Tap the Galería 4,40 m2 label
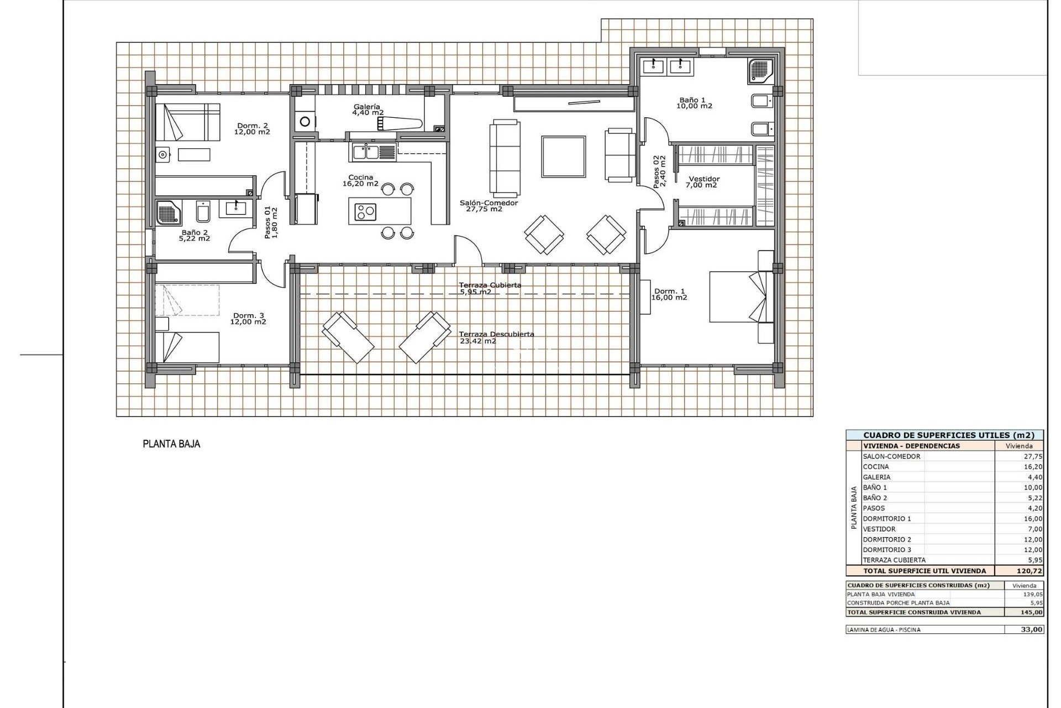click(367, 110)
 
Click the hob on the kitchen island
click(365, 211)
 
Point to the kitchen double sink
click(365, 151)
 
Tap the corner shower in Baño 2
click(166, 212)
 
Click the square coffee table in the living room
click(563, 157)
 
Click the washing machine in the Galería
click(304, 121)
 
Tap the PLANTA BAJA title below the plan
click(171, 444)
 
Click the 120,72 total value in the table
click(1030, 571)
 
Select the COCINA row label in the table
click(876, 467)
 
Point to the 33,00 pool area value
click(1031, 629)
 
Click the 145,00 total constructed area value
click(1031, 612)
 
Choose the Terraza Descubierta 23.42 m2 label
click(496, 337)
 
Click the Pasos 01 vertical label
click(271, 223)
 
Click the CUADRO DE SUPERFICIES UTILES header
click(944, 435)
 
